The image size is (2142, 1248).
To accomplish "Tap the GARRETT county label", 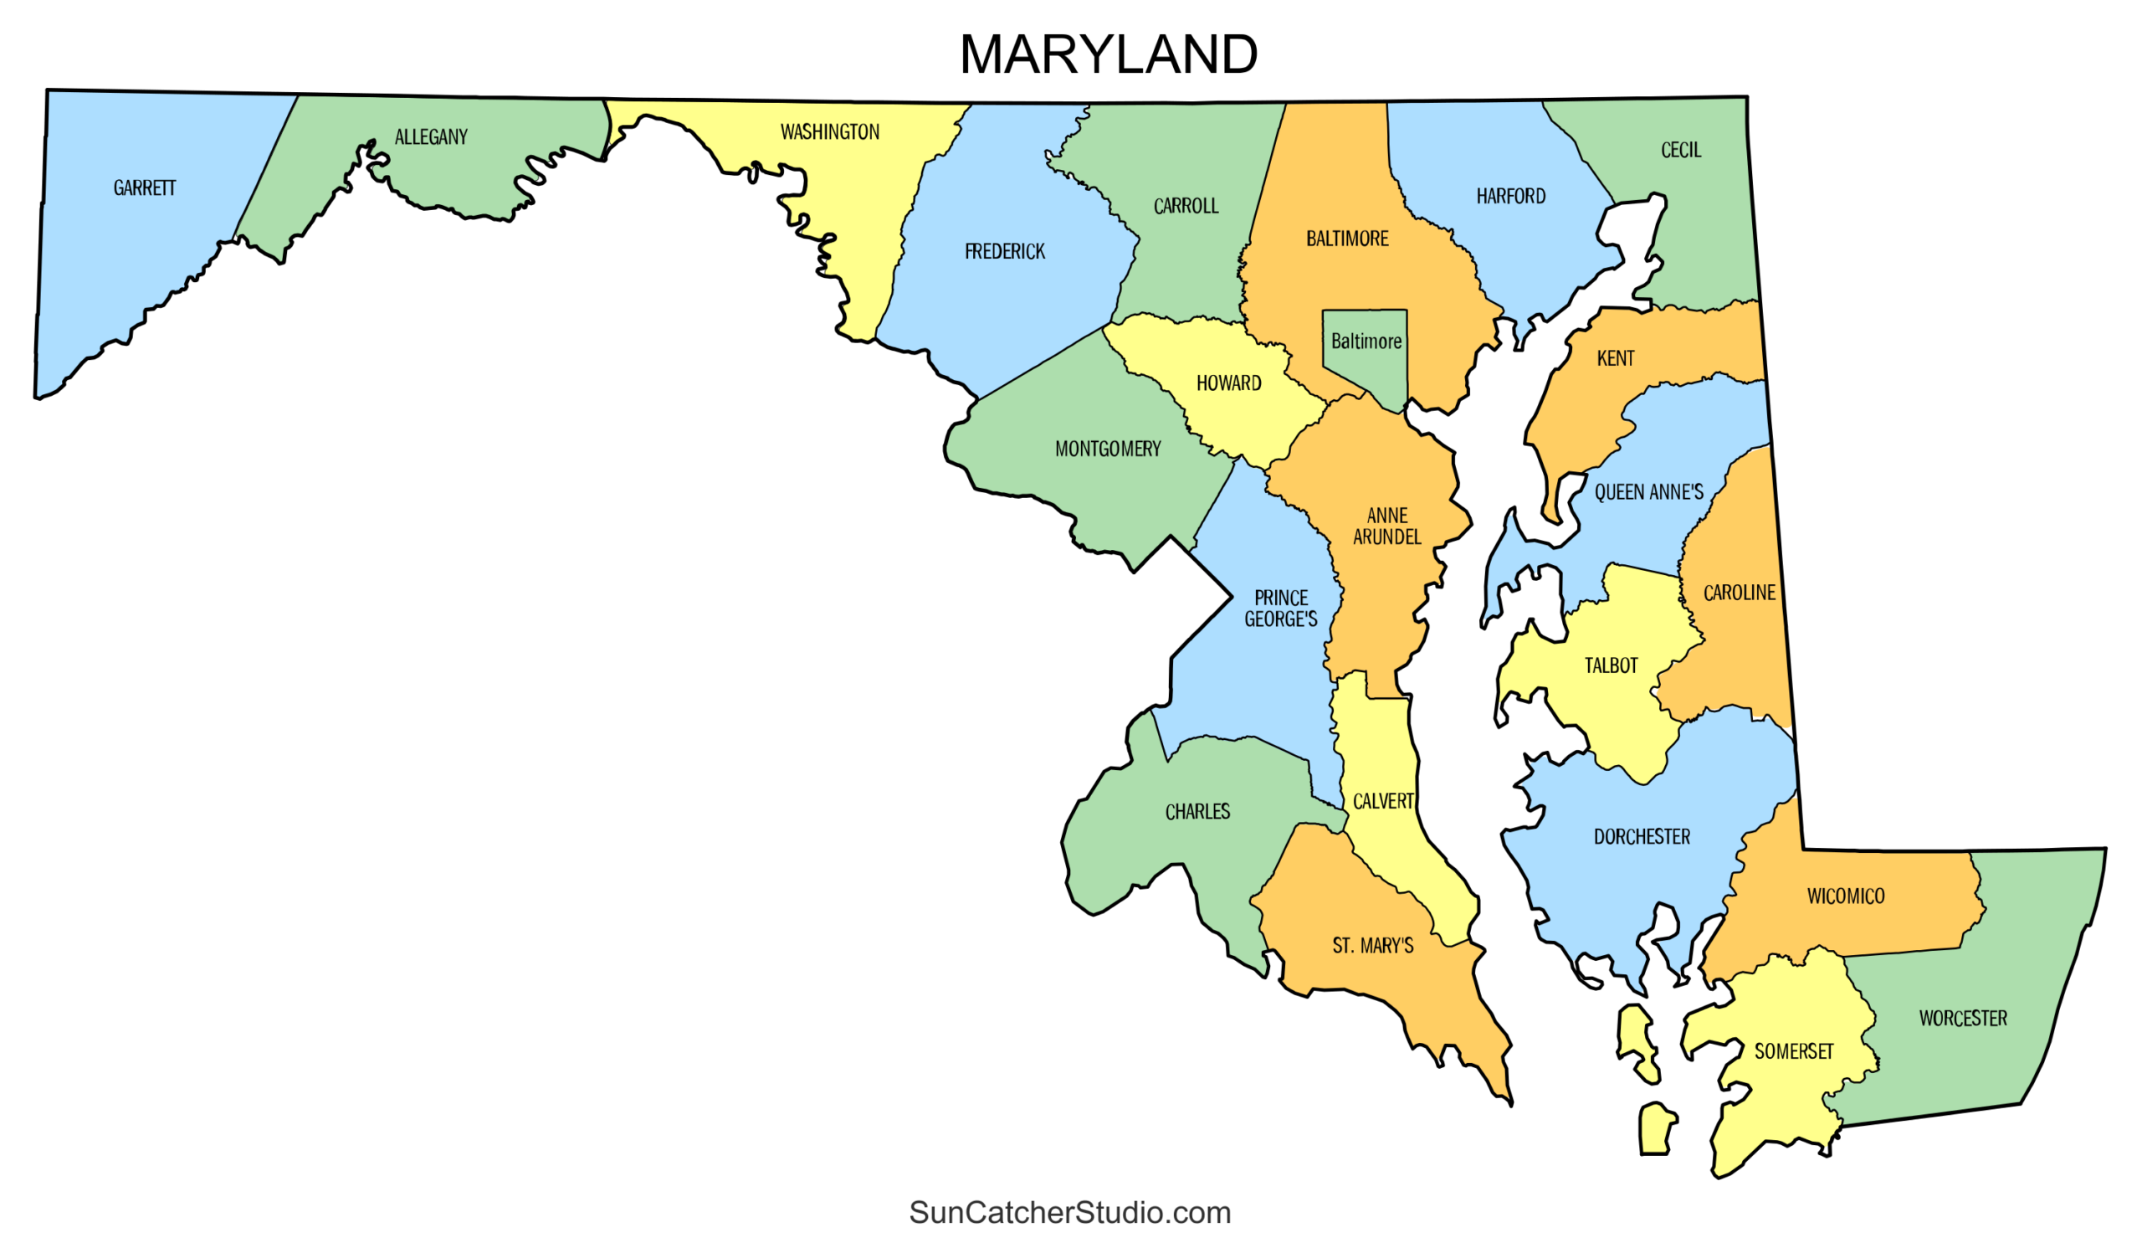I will [145, 187].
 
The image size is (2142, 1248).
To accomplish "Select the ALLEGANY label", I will [431, 137].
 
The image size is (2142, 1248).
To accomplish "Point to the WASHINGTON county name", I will [829, 131].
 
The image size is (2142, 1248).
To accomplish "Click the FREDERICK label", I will [1004, 252].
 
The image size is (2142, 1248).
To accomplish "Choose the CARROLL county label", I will [1185, 206].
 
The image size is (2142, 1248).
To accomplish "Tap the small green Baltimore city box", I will [1365, 342].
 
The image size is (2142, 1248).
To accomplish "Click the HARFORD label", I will [1509, 197].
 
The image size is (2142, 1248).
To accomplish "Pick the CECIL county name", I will [1680, 151].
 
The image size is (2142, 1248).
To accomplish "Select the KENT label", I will [1614, 359].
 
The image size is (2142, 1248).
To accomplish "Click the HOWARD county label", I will [1228, 383].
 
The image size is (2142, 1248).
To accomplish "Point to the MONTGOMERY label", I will [1107, 449].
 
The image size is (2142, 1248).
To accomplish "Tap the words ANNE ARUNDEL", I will [1386, 526].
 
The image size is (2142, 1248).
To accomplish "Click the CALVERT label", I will [1383, 801].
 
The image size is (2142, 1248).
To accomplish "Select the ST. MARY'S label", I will [1372, 945].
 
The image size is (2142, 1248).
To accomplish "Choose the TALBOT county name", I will [1610, 665].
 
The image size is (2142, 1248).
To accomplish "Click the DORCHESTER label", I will [1642, 836].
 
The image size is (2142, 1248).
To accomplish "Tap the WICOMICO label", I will [1844, 896].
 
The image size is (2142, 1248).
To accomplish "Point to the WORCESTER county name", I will [1962, 1019].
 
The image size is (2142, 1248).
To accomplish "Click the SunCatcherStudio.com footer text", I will [1069, 1211].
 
